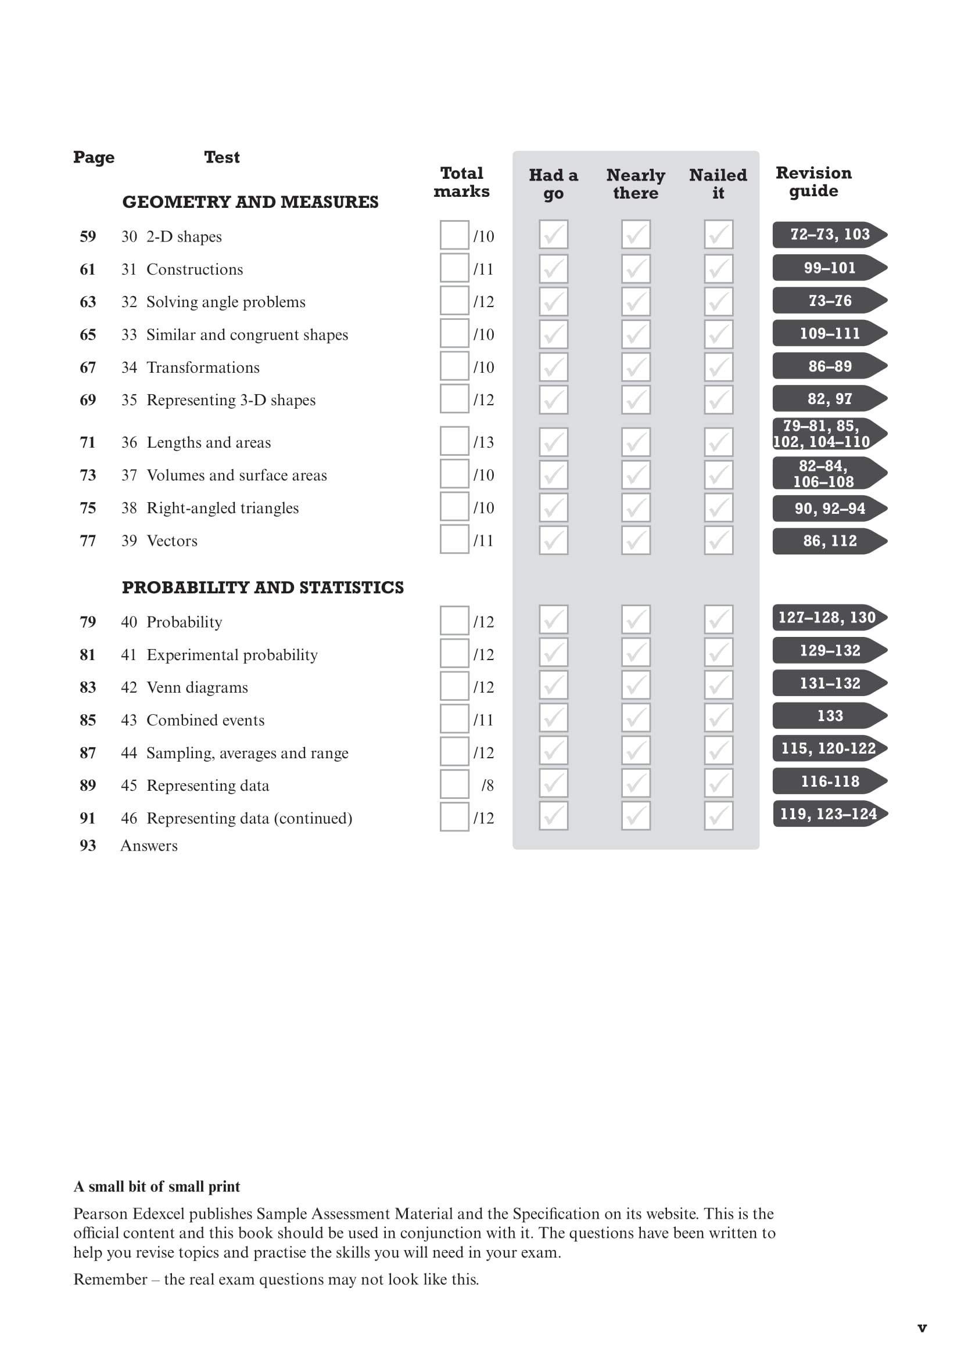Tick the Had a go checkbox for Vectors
(x=553, y=540)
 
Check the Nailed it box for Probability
(x=718, y=619)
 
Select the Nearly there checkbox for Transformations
(x=636, y=367)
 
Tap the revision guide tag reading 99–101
(x=829, y=268)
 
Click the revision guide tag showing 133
(x=829, y=716)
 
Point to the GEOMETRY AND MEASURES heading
(x=250, y=202)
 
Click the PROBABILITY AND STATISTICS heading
(x=263, y=588)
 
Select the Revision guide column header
(x=813, y=182)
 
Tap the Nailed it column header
(x=718, y=184)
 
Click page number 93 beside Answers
(x=88, y=845)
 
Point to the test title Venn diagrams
(x=197, y=687)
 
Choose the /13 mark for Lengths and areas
(x=483, y=442)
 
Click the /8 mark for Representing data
(x=487, y=786)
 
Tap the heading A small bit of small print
(x=157, y=1187)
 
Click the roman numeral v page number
(x=921, y=1328)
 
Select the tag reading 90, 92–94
(x=829, y=508)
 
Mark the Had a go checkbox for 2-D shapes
(x=553, y=235)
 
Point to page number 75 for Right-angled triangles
(x=88, y=508)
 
